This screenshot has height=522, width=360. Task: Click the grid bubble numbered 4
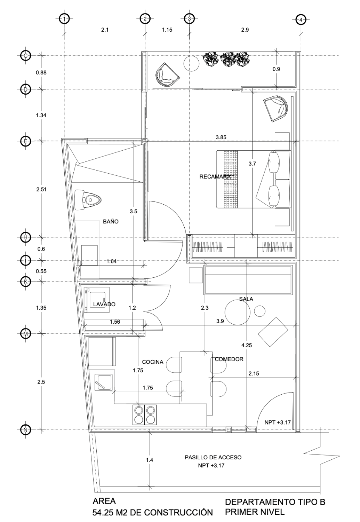[x=301, y=19]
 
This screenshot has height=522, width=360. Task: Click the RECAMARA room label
[x=215, y=177]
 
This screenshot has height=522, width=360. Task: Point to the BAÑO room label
[x=111, y=221]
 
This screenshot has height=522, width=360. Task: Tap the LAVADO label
[x=104, y=304]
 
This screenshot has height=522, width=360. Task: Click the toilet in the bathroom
[x=88, y=200]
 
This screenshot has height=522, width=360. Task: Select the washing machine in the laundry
[x=97, y=300]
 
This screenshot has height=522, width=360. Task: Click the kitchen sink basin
[x=103, y=382]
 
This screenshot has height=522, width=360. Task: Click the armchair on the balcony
[x=167, y=75]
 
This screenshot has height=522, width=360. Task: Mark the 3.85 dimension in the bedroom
[x=221, y=137]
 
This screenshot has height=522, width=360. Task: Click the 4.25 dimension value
[x=247, y=345]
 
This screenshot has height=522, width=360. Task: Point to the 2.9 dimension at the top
[x=245, y=30]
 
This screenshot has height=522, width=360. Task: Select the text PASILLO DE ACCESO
[x=213, y=457]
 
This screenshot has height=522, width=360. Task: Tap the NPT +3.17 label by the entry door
[x=278, y=422]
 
